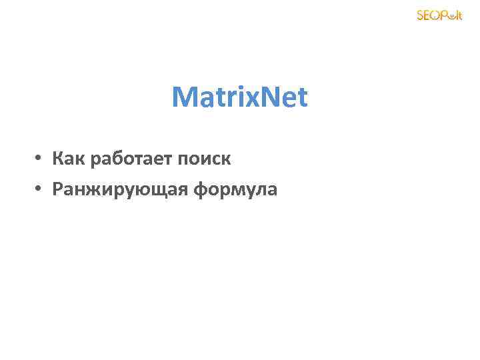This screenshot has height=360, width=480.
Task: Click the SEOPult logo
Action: coord(439,15)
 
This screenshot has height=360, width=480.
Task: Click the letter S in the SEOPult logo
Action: coord(420,15)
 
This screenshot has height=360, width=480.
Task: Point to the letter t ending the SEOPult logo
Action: coord(459,15)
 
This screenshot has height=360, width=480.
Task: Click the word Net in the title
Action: coord(285,97)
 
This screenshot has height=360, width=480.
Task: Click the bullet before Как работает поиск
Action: coord(40,159)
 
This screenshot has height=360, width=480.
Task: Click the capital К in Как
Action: coord(58,159)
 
